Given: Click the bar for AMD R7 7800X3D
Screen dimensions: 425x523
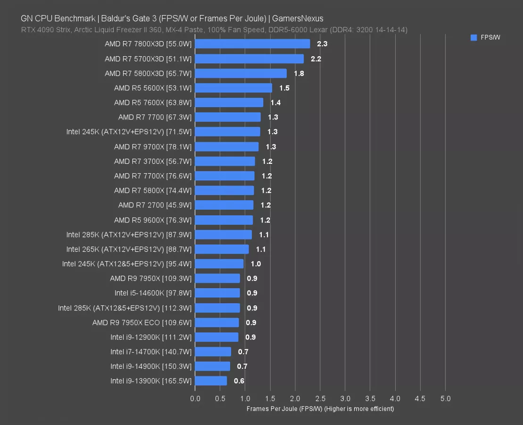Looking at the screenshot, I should (x=252, y=44).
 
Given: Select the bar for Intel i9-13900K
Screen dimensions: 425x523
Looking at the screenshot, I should (x=211, y=381).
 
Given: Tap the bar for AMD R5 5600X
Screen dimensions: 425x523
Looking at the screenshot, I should (x=233, y=88).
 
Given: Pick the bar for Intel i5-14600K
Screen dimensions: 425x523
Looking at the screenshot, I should (x=217, y=293).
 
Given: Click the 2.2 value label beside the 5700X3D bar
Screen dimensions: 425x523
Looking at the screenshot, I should (x=315, y=59).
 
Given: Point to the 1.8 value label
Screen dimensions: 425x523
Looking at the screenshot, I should (x=299, y=74).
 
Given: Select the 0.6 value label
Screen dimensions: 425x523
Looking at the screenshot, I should (x=239, y=381).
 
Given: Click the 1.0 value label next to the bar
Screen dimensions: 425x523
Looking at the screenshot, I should (x=256, y=264).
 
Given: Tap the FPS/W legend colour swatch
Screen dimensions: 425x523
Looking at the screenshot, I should (x=474, y=38).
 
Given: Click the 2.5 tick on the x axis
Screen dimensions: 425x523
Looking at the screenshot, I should (x=320, y=399).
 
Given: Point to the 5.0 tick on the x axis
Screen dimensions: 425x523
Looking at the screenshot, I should (x=445, y=399).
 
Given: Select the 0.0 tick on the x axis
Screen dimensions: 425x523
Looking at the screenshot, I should (x=195, y=399).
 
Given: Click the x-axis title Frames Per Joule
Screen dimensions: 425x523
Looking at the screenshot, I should (x=320, y=408).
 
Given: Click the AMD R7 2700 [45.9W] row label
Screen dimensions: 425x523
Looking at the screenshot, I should (x=155, y=205).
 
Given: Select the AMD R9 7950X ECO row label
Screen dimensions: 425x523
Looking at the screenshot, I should (x=142, y=323).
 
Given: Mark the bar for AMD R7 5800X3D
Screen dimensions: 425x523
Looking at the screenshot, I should (x=241, y=73).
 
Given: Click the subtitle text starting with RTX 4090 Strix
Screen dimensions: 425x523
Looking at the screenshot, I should (x=214, y=30).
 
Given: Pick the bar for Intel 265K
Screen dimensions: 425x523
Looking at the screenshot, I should (x=222, y=249).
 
